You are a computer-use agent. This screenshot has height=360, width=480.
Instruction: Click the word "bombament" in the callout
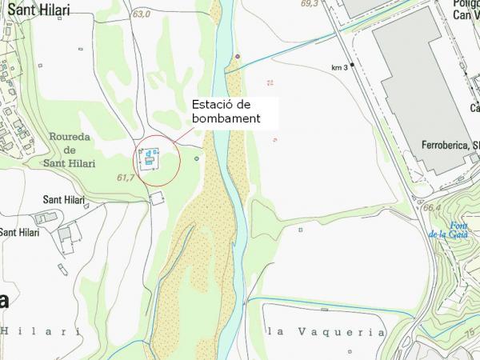226,118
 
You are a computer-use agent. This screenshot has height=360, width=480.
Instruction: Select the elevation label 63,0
142,14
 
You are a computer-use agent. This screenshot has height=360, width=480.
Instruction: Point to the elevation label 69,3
309,4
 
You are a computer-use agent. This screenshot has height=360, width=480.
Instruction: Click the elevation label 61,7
125,178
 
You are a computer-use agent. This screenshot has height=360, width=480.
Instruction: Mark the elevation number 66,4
433,208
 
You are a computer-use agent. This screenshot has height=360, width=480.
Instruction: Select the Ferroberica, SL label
448,146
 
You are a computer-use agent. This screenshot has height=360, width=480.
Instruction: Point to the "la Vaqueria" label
326,331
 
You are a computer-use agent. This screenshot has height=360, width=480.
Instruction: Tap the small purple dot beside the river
238,56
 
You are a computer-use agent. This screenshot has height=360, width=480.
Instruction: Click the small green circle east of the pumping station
196,158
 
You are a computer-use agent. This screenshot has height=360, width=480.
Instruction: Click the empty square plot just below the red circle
157,198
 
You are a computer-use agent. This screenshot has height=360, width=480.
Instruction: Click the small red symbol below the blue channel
270,82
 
